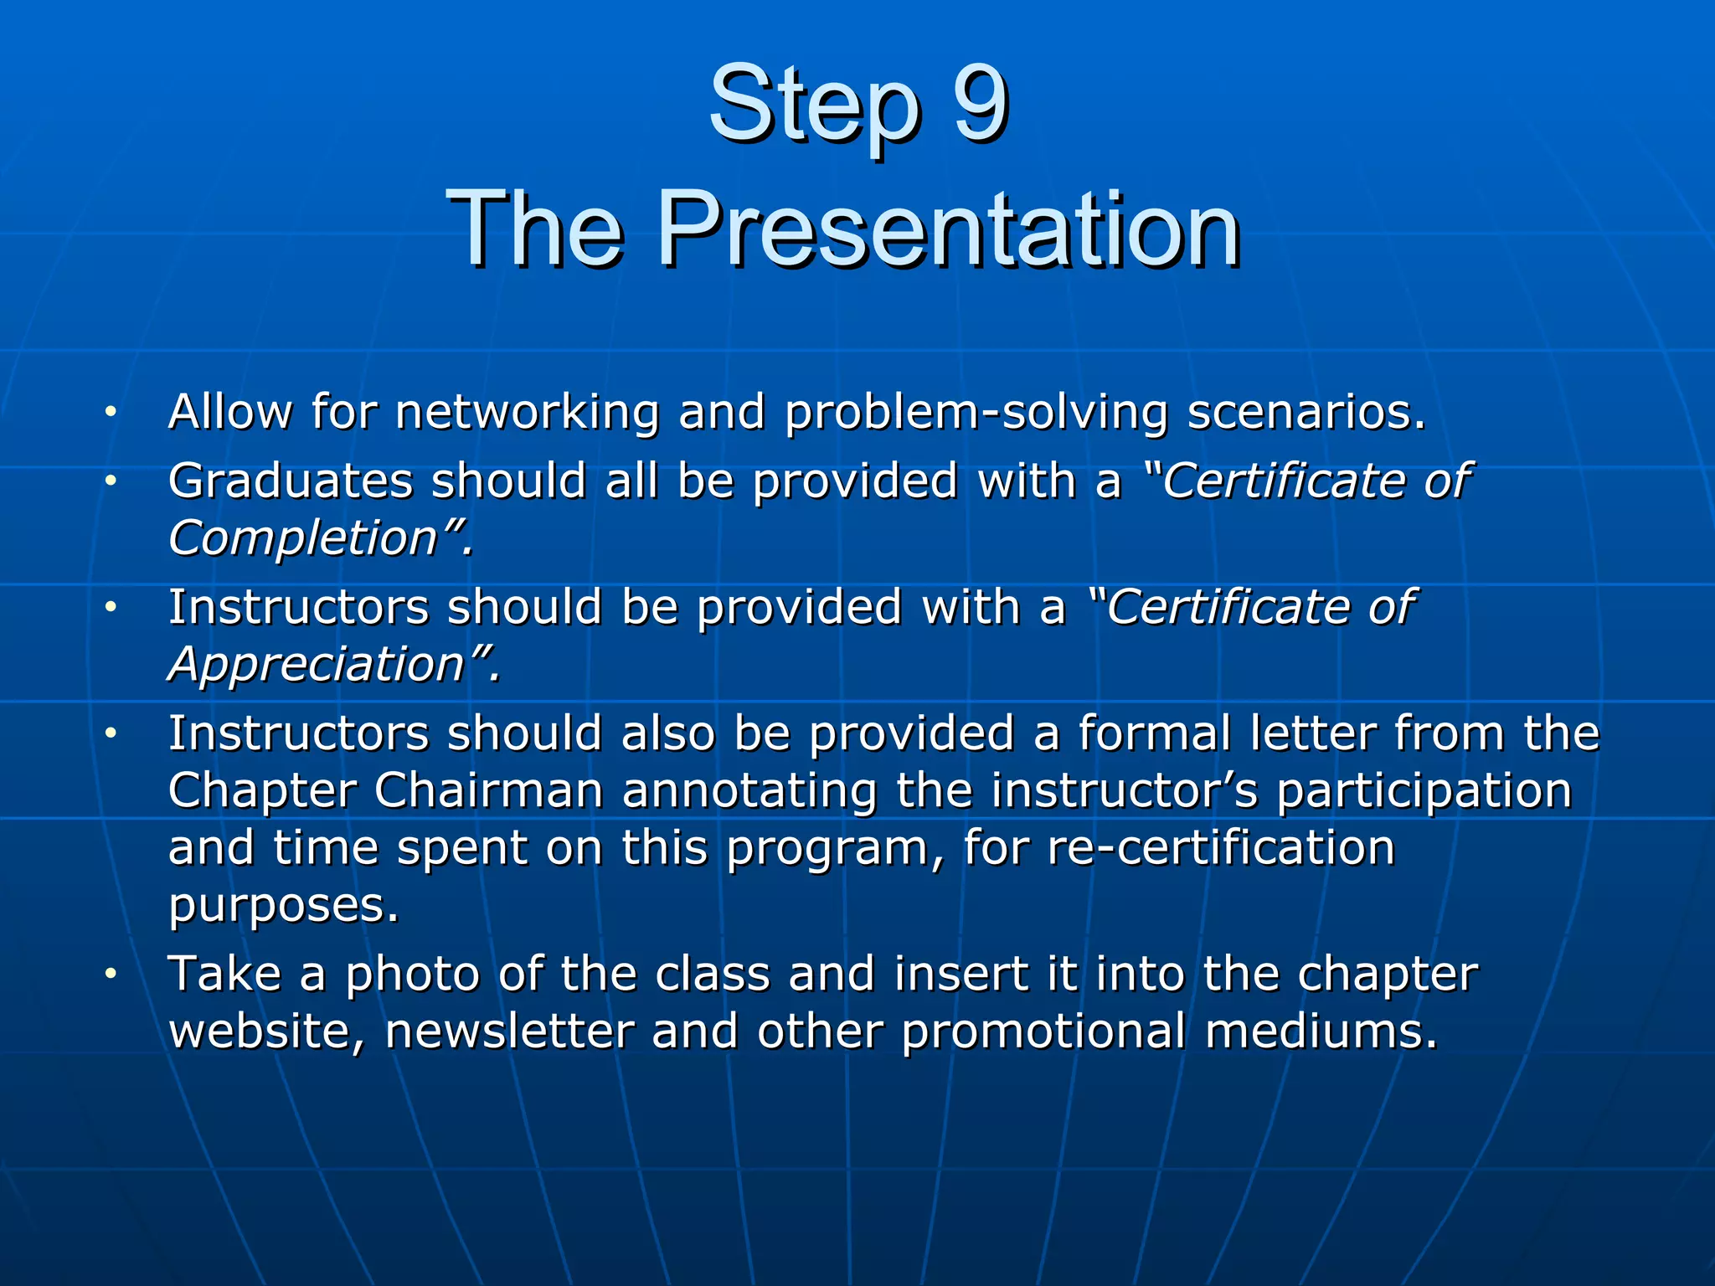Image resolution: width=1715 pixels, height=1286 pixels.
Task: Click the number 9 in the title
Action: (x=980, y=105)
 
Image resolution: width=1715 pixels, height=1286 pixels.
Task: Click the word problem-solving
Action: (x=976, y=414)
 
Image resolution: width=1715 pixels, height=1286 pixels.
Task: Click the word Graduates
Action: (x=291, y=482)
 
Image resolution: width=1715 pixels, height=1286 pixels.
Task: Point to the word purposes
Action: (x=283, y=906)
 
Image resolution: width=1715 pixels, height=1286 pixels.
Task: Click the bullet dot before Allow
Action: (x=110, y=412)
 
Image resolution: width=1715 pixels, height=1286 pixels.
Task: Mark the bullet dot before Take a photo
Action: (x=110, y=975)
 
